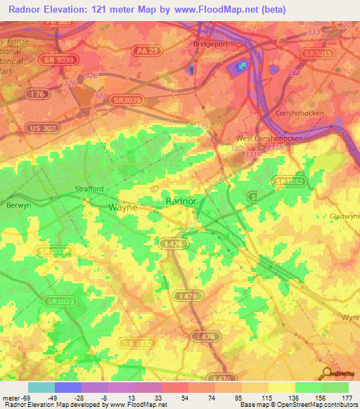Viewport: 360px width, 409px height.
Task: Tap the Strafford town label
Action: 89,189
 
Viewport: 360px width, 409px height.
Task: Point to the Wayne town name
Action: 123,207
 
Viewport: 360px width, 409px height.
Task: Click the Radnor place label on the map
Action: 180,201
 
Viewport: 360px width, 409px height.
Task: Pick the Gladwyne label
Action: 345,216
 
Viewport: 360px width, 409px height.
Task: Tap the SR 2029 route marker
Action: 53,251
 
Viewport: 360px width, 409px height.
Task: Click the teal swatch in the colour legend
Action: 41,387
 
